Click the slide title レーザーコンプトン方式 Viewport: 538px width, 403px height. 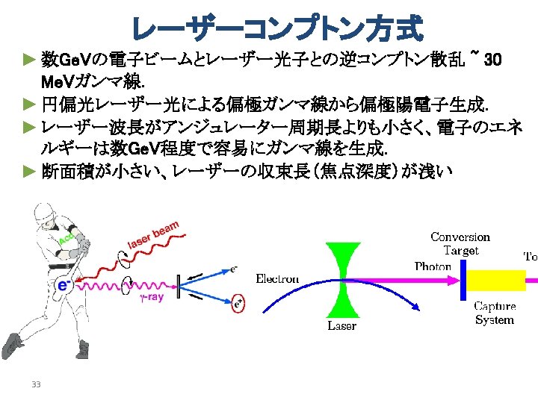point(276,28)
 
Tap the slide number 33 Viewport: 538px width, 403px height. point(35,384)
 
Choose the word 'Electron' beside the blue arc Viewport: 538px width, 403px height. point(277,279)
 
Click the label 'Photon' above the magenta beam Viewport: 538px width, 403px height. point(433,266)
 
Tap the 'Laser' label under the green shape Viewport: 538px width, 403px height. point(342,325)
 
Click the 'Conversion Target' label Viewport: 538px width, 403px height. point(460,244)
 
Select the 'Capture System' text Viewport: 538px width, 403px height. point(495,313)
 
